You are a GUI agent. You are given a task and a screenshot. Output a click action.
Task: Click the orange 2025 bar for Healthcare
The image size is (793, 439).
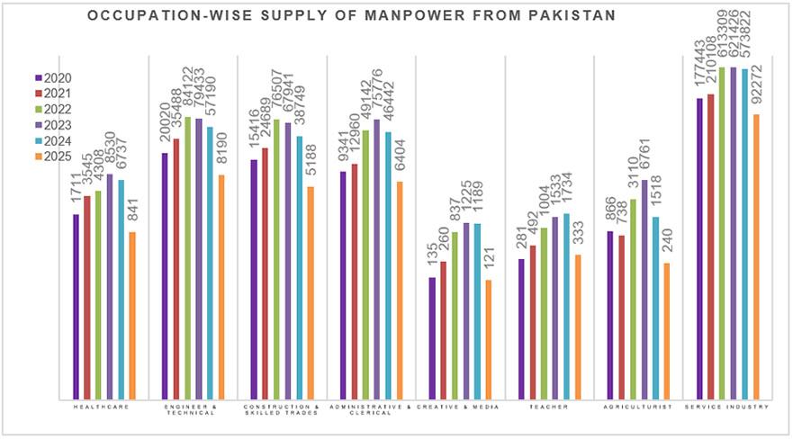pos(132,315)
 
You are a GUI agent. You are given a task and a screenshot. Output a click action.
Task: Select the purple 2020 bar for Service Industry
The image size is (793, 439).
pos(700,247)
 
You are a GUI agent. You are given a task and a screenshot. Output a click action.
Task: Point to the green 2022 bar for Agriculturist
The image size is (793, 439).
pos(633,298)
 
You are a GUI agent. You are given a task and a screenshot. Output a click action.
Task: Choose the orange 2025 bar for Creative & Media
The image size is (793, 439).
pos(489,339)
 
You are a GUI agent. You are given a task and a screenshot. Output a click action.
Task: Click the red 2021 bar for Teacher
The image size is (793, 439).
pos(533,321)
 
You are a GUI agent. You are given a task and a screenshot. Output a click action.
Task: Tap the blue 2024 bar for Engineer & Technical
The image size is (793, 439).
pos(210,262)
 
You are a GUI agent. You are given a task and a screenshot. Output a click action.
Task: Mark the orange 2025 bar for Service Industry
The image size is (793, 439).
pos(756,255)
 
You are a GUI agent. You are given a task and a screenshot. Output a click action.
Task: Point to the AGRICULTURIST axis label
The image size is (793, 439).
pos(639,408)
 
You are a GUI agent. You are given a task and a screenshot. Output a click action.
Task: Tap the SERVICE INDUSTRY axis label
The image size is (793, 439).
pos(727,408)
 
